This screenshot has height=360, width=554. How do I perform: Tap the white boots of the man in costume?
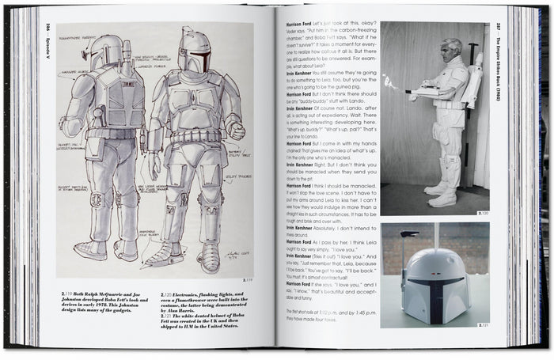pyautogui.click(x=440, y=193)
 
